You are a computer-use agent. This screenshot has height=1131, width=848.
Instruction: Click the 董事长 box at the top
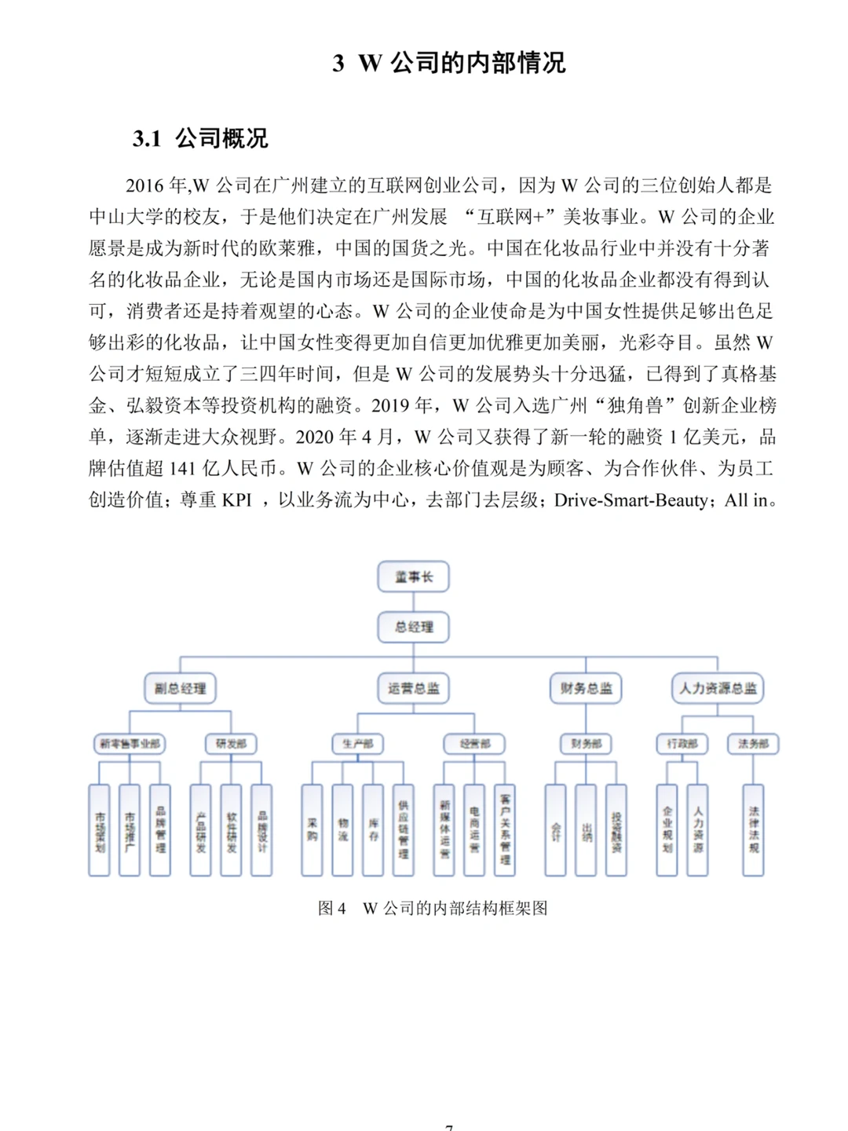[x=414, y=576]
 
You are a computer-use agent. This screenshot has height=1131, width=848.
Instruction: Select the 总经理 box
[x=414, y=627]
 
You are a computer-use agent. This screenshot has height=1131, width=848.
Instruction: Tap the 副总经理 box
[x=180, y=688]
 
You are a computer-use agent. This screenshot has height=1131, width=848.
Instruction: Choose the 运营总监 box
[x=414, y=688]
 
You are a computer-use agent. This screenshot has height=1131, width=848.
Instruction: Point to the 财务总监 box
[x=586, y=688]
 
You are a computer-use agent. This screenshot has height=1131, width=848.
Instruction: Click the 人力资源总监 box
[x=718, y=688]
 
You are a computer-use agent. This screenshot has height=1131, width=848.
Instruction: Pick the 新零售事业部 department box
[x=130, y=743]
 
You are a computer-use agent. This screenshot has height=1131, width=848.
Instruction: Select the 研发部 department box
[x=231, y=743]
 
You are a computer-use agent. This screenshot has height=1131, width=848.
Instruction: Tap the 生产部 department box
[x=357, y=743]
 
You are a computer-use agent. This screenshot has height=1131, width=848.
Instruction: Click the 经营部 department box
[x=474, y=743]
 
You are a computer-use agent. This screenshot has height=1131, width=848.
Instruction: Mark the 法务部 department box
[x=753, y=743]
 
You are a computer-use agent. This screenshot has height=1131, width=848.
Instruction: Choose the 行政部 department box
[x=682, y=743]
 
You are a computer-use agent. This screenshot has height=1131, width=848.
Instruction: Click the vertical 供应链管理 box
[x=403, y=829]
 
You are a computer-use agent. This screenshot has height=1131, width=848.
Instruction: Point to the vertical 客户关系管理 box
[x=505, y=829]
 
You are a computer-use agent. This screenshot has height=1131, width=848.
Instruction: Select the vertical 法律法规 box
[x=753, y=829]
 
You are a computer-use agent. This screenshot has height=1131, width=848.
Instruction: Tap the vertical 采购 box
[x=312, y=829]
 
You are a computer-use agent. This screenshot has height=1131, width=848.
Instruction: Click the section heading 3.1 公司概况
[x=200, y=139]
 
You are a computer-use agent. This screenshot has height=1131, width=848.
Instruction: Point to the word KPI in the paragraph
[x=236, y=500]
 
